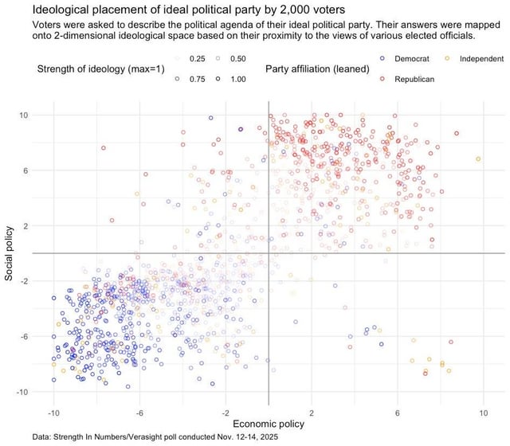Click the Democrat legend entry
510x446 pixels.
point(412,60)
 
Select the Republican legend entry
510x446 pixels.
point(414,79)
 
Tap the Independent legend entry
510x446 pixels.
point(482,60)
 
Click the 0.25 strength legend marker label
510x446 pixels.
point(197,60)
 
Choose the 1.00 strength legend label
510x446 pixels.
point(237,79)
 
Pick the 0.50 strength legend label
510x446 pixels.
point(237,60)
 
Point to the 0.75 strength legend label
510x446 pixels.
point(197,79)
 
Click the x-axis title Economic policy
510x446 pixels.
point(269,426)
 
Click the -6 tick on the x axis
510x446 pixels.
point(139,413)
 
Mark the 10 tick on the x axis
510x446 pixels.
point(483,413)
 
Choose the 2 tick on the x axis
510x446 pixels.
point(312,413)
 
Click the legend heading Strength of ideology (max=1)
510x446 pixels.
point(100,69)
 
